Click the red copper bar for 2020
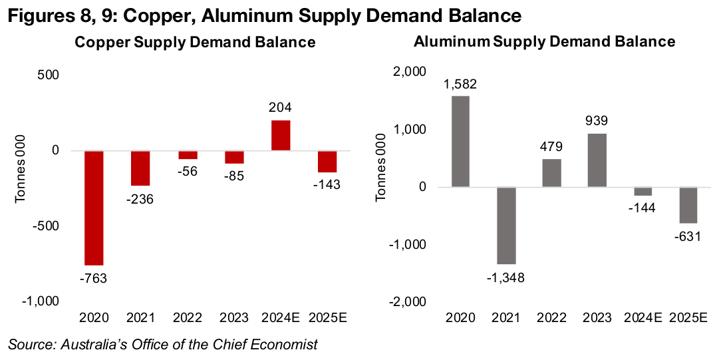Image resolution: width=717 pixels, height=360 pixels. tap(94, 208)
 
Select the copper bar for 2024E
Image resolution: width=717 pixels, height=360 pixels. tap(280, 135)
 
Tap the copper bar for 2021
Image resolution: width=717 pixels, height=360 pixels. tap(140, 168)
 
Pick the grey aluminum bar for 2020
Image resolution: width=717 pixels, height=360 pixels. tap(460, 141)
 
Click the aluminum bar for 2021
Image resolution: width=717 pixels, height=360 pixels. tap(507, 226)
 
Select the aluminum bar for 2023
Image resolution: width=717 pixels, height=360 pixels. tap(598, 160)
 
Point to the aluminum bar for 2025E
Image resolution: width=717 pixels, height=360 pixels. tap(688, 205)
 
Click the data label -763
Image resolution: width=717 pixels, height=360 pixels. tap(94, 278)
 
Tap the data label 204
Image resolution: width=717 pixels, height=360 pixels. tap(280, 108)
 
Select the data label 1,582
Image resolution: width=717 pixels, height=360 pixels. tap(460, 84)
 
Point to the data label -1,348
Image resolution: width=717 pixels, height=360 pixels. tap(507, 277)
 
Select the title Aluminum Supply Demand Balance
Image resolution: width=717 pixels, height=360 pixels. tap(544, 41)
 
